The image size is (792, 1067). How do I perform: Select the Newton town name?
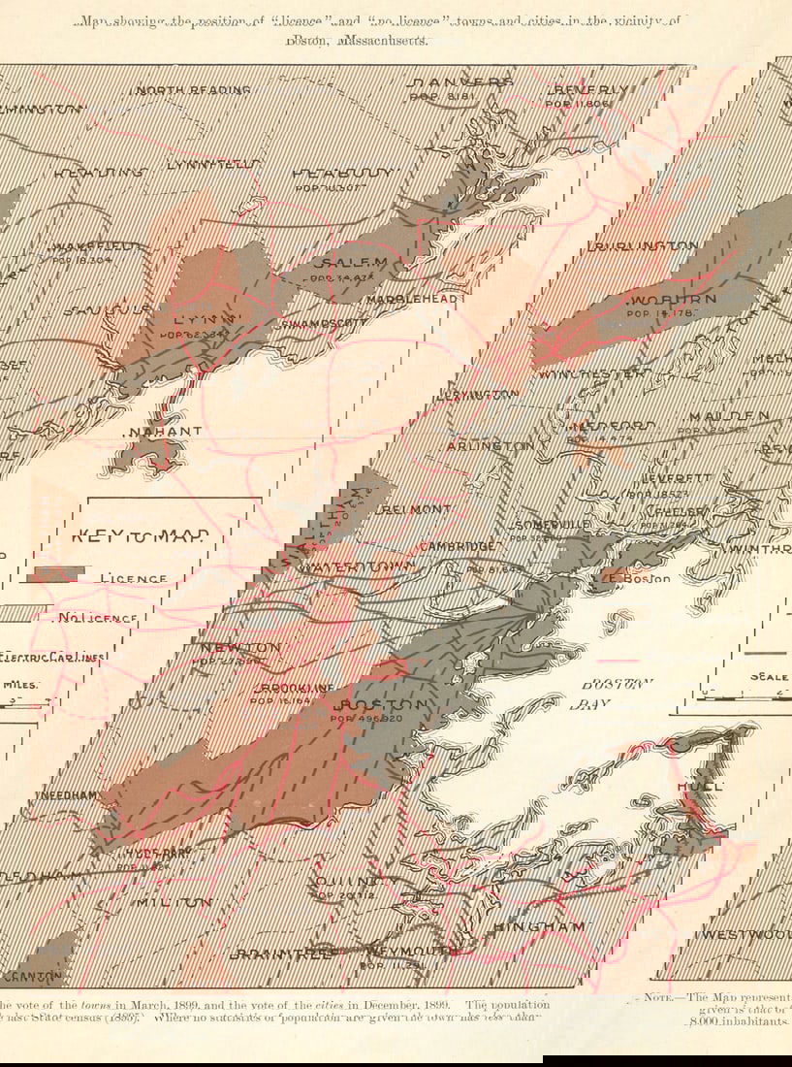241,647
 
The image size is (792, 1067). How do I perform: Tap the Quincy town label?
345,881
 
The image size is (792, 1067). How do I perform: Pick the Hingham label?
539,927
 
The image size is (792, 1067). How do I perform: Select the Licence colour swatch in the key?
57,575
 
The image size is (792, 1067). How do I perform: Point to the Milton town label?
174,902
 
